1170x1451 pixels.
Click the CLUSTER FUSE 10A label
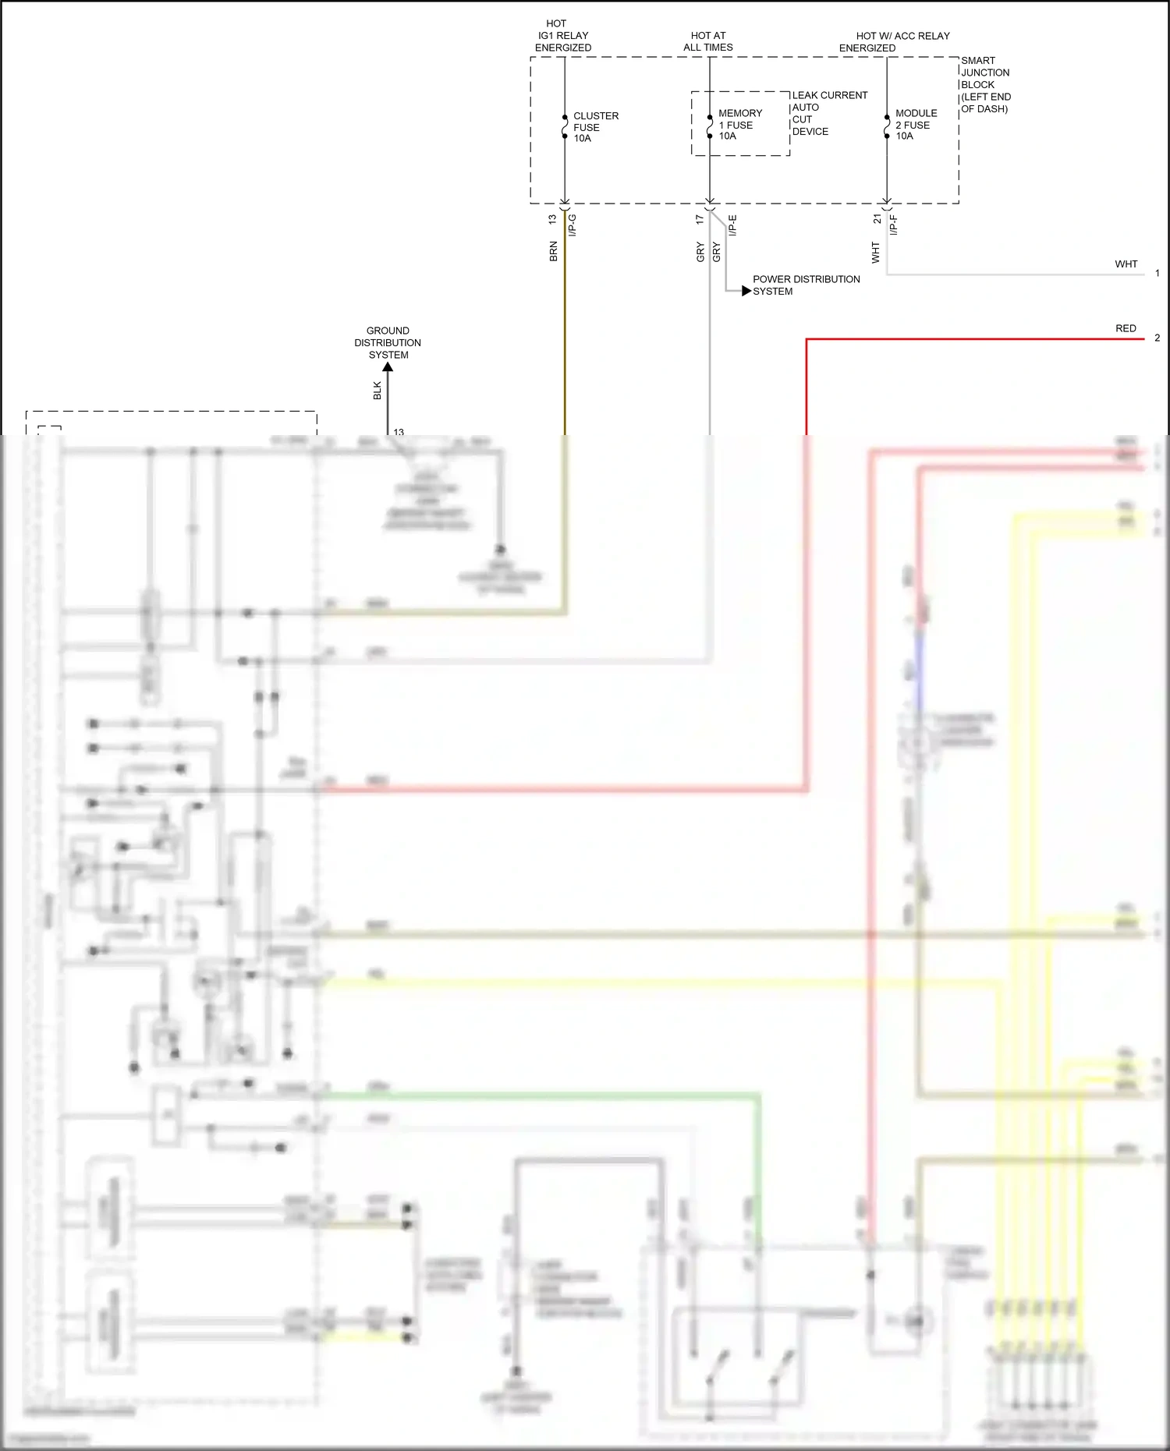(x=595, y=127)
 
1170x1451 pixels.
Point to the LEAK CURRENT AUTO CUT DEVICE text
(x=828, y=113)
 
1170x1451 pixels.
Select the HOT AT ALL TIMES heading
(x=708, y=41)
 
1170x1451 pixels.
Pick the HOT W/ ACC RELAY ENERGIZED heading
(x=894, y=42)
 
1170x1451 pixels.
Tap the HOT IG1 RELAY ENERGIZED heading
(x=562, y=36)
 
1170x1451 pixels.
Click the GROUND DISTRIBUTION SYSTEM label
(x=388, y=343)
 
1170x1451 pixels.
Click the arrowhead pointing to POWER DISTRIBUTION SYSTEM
(x=746, y=291)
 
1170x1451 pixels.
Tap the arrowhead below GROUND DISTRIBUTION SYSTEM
(x=388, y=367)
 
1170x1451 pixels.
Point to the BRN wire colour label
(x=554, y=251)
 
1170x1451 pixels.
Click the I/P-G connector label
(x=573, y=225)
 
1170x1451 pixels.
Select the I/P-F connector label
(x=894, y=225)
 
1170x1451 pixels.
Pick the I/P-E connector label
(x=732, y=225)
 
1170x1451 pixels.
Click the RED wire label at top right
(x=1126, y=328)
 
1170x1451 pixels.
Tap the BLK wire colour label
(x=378, y=391)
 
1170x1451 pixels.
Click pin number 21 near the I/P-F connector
(x=877, y=220)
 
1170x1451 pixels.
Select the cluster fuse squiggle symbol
(x=565, y=126)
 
